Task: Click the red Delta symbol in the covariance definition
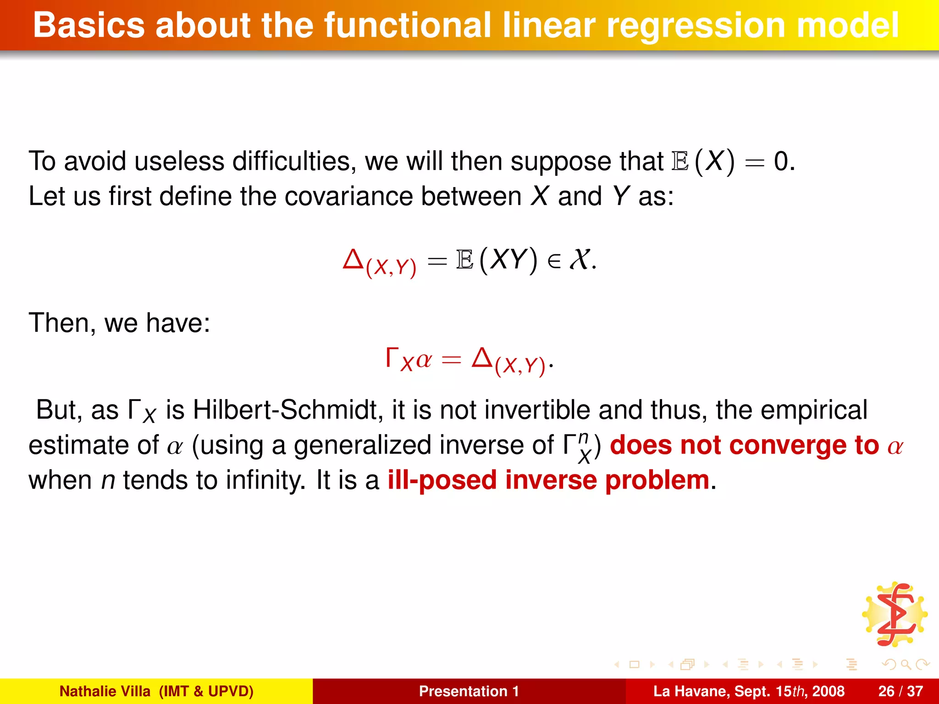(353, 259)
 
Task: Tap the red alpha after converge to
(895, 446)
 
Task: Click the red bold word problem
(657, 480)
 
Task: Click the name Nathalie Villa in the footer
(105, 691)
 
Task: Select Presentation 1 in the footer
(469, 691)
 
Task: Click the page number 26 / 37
(900, 691)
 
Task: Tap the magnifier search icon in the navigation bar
(906, 664)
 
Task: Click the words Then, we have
(119, 323)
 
